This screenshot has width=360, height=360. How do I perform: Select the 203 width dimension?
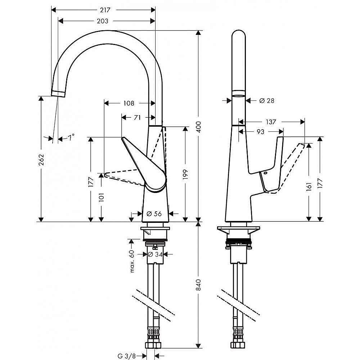[x=103, y=21]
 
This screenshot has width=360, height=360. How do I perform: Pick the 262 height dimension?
[x=41, y=159]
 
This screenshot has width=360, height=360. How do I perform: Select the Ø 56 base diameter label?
[x=154, y=213]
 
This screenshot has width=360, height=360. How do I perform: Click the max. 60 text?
[x=132, y=261]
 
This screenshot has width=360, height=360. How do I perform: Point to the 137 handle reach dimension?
[x=270, y=122]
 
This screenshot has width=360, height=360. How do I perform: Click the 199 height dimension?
[x=185, y=173]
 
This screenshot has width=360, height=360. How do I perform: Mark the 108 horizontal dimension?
[x=129, y=103]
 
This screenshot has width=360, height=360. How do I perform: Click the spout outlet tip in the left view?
[x=58, y=94]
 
